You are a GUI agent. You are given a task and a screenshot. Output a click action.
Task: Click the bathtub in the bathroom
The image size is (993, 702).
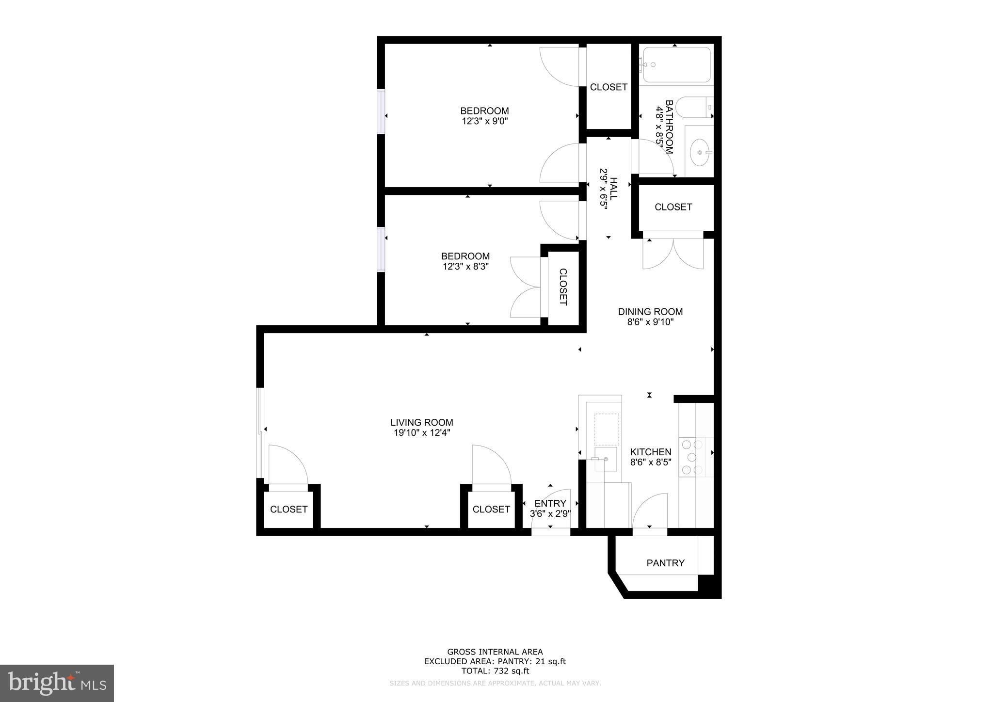(677, 65)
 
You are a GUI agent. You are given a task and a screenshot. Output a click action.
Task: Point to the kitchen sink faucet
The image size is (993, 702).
(604, 459)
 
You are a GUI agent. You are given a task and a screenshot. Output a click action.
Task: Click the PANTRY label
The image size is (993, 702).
(665, 563)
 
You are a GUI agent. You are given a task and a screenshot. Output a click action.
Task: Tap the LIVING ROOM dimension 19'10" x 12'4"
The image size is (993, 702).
(422, 433)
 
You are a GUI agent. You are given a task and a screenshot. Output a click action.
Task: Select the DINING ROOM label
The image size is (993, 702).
(650, 312)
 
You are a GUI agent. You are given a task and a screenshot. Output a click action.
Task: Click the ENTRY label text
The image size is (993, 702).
(550, 503)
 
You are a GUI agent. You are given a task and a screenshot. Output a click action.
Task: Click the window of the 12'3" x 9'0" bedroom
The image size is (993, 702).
(381, 112)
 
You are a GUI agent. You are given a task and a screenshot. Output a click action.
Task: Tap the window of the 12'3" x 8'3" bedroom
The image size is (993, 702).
(381, 250)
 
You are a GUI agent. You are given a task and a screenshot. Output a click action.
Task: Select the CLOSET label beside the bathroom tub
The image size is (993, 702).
(609, 87)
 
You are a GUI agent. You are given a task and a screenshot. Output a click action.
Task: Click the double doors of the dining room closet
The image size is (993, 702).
(673, 252)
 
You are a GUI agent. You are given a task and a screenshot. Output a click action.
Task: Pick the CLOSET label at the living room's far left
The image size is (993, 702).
(288, 509)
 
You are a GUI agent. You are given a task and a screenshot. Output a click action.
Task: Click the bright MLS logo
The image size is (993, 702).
(57, 683)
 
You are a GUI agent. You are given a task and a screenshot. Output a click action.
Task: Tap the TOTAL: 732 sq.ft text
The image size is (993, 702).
(495, 671)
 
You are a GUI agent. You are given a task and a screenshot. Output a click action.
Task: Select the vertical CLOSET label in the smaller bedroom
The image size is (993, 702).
(563, 287)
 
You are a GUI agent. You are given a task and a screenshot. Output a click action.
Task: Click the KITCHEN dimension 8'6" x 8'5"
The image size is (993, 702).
(650, 463)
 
